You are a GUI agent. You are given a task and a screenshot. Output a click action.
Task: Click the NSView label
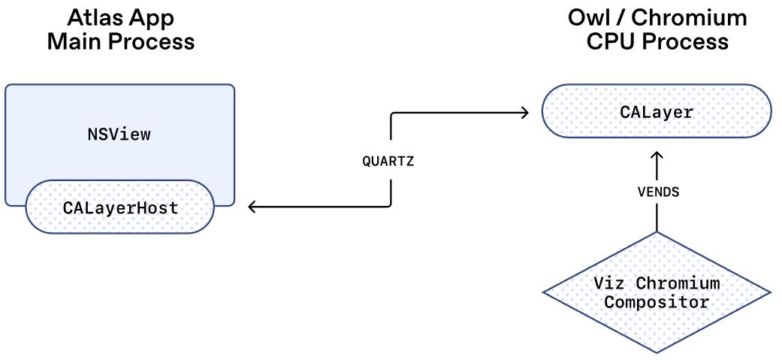[x=119, y=135]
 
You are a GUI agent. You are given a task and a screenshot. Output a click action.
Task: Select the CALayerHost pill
[x=120, y=207]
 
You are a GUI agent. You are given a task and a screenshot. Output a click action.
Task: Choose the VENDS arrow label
[x=657, y=192]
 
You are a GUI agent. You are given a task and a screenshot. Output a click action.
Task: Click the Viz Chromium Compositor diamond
[x=657, y=293]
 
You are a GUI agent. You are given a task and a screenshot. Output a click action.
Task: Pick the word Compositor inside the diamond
[x=657, y=303]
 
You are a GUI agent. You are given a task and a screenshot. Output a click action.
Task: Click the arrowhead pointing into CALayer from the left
[x=524, y=113]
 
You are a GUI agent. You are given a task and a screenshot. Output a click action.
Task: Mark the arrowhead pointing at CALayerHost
[x=253, y=207]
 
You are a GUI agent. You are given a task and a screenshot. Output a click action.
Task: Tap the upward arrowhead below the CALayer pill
[x=657, y=156]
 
